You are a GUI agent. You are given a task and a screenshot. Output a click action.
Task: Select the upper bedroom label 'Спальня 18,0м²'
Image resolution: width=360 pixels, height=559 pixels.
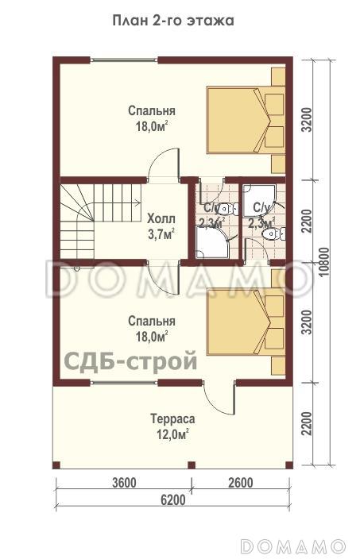tap(151, 118)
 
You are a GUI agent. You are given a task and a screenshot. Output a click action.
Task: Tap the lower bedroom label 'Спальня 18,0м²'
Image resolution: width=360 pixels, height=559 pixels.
tap(151, 329)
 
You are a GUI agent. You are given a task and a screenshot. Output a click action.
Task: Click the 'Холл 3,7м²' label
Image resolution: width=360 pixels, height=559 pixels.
tap(161, 226)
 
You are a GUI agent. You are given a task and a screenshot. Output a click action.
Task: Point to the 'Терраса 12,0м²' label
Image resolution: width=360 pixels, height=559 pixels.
tap(172, 426)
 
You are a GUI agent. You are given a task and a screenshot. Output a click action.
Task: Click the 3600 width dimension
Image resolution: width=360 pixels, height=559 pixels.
tap(124, 483)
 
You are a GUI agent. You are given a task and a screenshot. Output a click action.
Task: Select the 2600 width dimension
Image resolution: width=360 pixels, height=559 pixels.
tap(239, 483)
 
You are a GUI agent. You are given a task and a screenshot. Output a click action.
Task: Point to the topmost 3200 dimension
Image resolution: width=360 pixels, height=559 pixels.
tap(307, 118)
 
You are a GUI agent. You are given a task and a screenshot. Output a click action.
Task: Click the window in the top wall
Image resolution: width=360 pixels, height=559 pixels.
tap(124, 60)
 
